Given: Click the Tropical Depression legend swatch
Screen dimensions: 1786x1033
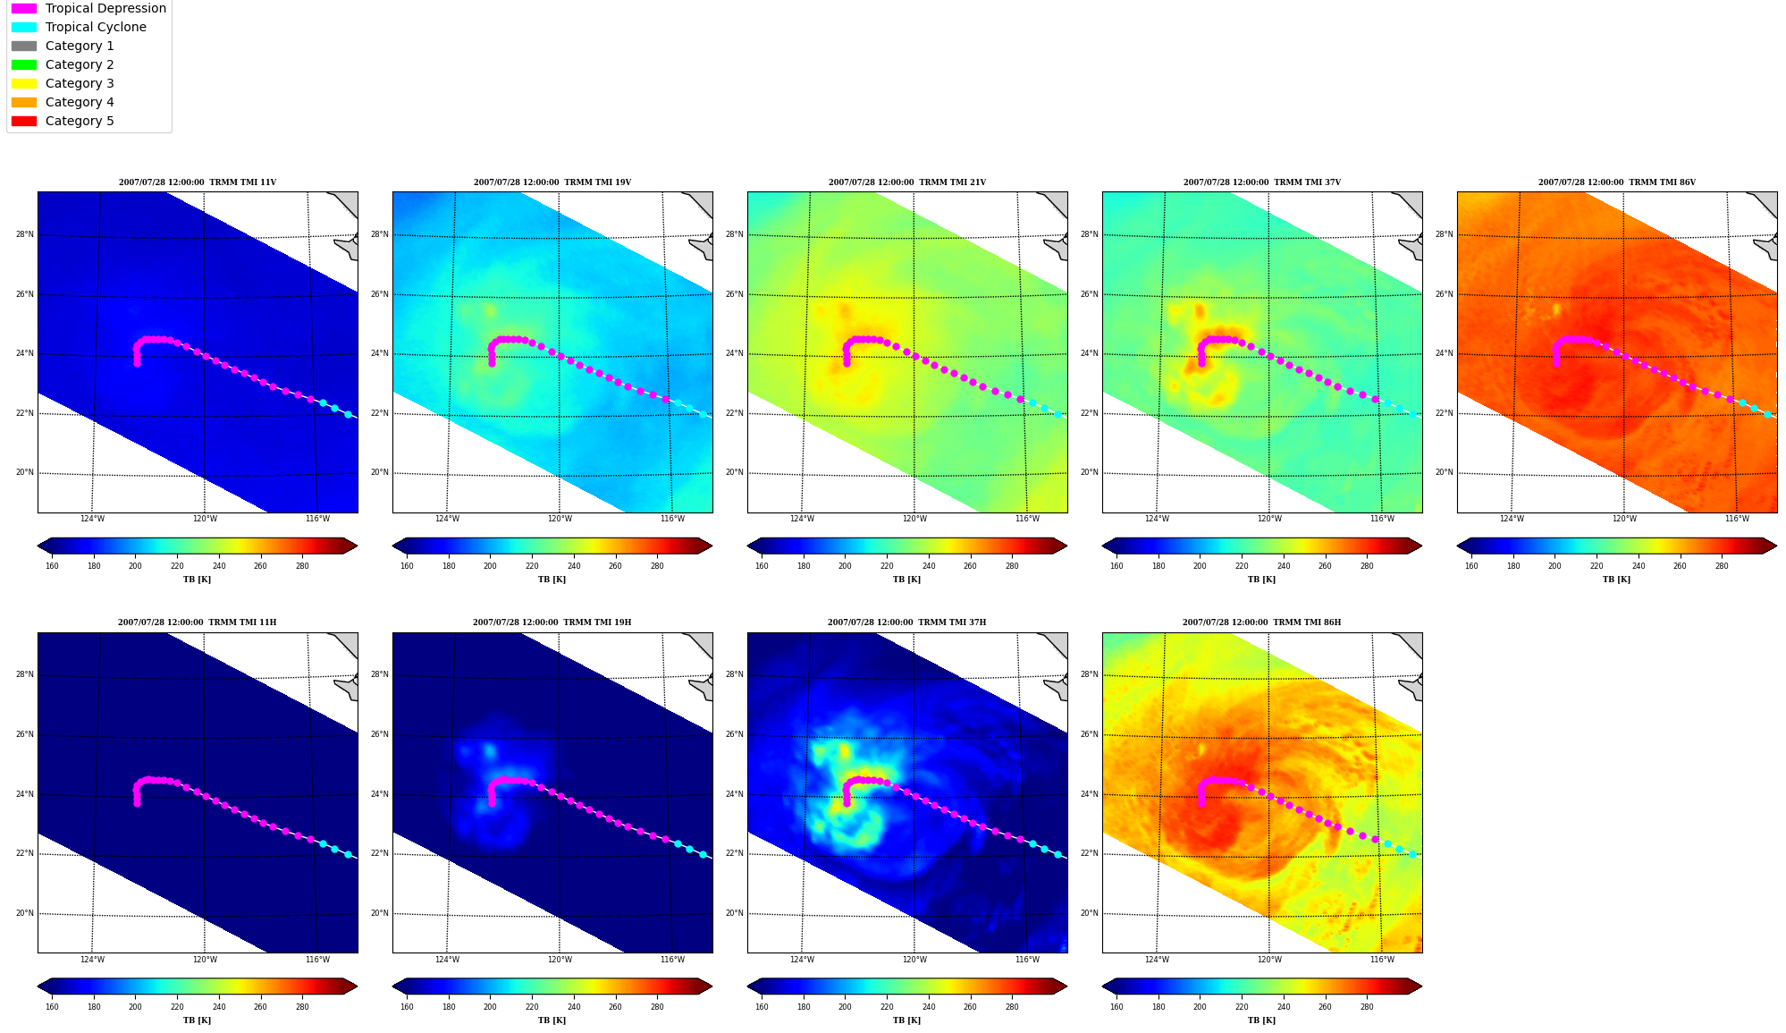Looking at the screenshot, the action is point(24,8).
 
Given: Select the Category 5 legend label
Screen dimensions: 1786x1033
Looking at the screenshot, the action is point(80,121).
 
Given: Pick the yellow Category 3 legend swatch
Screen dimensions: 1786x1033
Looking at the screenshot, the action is point(24,83).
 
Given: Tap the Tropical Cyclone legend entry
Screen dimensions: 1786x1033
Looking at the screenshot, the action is point(96,27).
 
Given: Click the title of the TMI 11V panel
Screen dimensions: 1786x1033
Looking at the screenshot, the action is point(198,182).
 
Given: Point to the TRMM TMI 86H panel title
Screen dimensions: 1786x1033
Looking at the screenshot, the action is point(1261,622).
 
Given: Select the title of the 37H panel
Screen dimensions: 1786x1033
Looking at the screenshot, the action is point(906,622).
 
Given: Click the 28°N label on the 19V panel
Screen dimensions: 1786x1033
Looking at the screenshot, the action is point(380,234).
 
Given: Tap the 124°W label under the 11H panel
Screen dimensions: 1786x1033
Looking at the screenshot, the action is point(92,960).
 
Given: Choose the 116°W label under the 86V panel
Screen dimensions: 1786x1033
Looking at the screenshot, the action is point(1737,519).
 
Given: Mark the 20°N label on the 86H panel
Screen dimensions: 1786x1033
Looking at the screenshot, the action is point(1090,913).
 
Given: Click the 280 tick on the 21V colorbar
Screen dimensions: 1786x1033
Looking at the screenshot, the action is point(1012,565).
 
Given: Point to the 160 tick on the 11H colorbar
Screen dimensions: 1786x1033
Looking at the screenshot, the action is point(52,1006).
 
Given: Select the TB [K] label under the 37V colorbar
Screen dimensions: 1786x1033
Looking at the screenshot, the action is point(1261,580).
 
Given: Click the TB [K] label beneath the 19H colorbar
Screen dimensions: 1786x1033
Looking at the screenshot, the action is point(552,1020).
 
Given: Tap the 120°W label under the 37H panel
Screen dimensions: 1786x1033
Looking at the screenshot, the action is point(914,960).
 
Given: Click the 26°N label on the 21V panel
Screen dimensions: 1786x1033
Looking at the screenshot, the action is point(735,294).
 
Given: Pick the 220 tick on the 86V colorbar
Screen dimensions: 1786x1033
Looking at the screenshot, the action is point(1596,565).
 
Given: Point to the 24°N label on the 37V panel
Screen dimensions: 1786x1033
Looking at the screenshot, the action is point(1090,353).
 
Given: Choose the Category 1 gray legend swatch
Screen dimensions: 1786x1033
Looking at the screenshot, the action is point(24,46).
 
